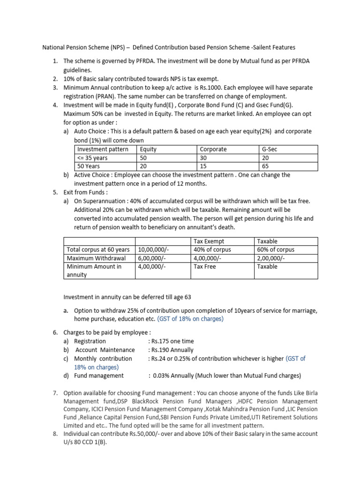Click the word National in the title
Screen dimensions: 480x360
pos(54,47)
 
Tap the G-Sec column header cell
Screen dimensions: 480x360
pos(270,149)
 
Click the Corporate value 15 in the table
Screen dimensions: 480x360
pos(203,166)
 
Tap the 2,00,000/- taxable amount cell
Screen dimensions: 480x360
pos(271,258)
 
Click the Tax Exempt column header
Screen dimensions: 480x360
pos(209,241)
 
